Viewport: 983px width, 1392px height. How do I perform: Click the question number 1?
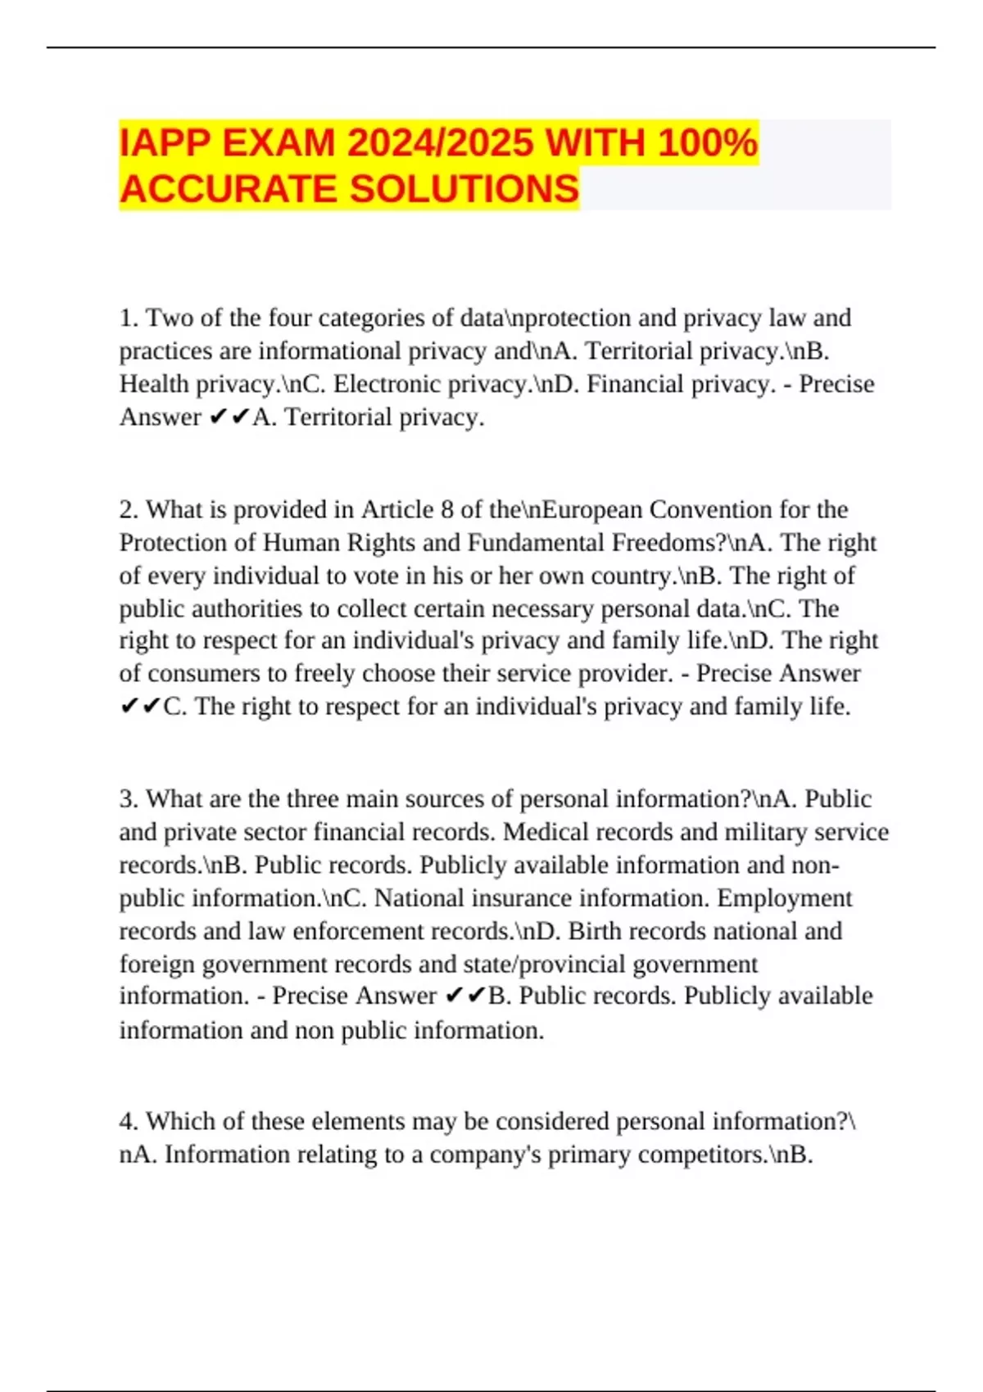tap(127, 318)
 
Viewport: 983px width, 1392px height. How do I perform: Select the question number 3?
tap(127, 799)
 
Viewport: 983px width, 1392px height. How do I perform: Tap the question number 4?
tap(127, 1121)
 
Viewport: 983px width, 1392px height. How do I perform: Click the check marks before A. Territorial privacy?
tap(229, 418)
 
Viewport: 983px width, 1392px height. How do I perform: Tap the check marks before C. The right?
tap(140, 707)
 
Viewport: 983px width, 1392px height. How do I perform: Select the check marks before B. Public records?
tap(464, 997)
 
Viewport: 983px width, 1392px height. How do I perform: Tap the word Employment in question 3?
tap(784, 898)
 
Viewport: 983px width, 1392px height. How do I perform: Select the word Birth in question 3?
tap(596, 931)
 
